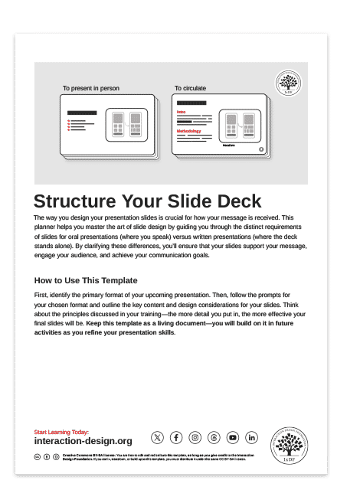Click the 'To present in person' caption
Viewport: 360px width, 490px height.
pyautogui.click(x=90, y=89)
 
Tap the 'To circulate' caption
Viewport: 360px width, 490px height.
pyautogui.click(x=190, y=89)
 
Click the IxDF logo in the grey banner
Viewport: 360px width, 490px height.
pyautogui.click(x=288, y=83)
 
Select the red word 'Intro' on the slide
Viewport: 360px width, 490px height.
pyautogui.click(x=182, y=112)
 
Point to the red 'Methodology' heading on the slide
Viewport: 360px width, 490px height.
pyautogui.click(x=188, y=131)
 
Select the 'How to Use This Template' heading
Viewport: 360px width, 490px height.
pyautogui.click(x=86, y=280)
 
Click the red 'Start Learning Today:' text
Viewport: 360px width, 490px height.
pyautogui.click(x=61, y=433)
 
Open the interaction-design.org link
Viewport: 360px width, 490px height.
pyautogui.click(x=83, y=442)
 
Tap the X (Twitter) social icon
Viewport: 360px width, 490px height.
pyautogui.click(x=157, y=437)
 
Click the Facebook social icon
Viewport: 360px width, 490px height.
pyautogui.click(x=176, y=437)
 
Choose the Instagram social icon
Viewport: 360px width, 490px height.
pyautogui.click(x=195, y=437)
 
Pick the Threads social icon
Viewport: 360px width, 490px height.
pyautogui.click(x=214, y=437)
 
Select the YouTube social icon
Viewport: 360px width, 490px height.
pyautogui.click(x=233, y=437)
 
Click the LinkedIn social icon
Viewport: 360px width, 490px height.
pyautogui.click(x=252, y=437)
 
